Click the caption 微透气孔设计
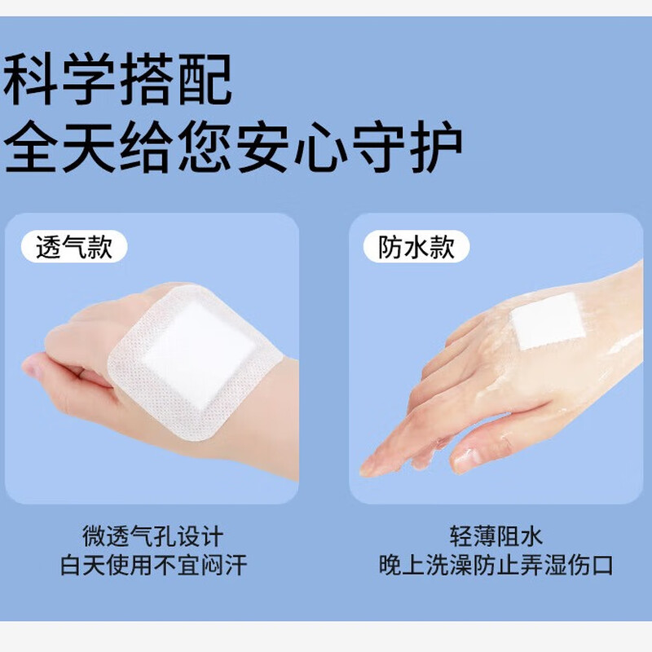click(x=152, y=536)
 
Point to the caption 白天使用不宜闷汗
click(x=152, y=565)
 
